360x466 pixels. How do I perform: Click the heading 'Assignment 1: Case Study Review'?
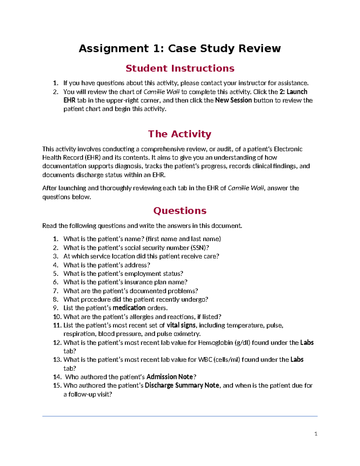tap(180, 48)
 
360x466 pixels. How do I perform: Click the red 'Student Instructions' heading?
tap(180, 68)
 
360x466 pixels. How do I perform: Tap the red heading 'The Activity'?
tap(180, 134)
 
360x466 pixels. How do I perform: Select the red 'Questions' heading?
tap(180, 211)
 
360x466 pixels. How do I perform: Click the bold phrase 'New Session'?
tap(233, 100)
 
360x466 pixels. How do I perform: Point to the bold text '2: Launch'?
tap(293, 92)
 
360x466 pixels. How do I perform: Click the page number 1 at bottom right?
tap(316, 434)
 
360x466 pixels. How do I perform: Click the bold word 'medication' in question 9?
tap(129, 308)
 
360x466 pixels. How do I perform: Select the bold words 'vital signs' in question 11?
tap(181, 325)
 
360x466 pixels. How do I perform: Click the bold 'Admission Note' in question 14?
tap(169, 377)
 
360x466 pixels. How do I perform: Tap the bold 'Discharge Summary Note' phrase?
tap(182, 385)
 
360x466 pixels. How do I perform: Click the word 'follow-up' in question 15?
tap(82, 394)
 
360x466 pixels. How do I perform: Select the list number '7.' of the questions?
tap(55, 291)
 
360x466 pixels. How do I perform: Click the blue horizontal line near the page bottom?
tap(180, 416)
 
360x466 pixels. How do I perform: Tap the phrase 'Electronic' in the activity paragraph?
tap(288, 149)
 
